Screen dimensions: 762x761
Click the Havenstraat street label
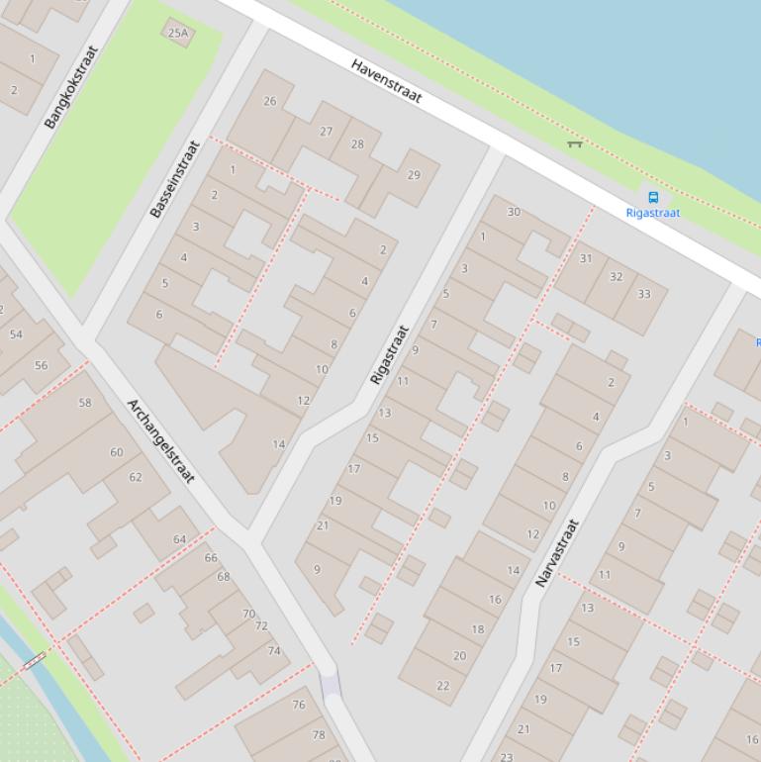[x=387, y=81]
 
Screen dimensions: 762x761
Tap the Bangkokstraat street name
[x=72, y=87]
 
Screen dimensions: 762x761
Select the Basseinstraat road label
[x=175, y=179]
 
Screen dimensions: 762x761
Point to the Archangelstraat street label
[x=161, y=441]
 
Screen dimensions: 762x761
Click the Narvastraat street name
[x=556, y=552]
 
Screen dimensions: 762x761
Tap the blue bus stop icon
[x=652, y=197]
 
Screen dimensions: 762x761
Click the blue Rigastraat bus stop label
[x=652, y=213]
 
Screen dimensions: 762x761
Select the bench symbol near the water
[x=574, y=144]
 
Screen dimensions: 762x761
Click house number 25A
[x=178, y=33]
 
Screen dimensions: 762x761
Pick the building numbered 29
[x=414, y=175]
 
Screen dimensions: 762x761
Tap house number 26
[x=270, y=101]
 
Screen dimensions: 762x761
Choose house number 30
[x=514, y=212]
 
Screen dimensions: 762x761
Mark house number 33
[x=644, y=294]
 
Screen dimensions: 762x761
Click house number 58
[x=85, y=403]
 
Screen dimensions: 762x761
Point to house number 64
[x=179, y=539]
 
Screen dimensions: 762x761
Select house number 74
[x=274, y=651]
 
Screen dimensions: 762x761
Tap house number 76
[x=299, y=705]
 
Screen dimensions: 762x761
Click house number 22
[x=442, y=685]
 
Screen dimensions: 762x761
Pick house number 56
[x=41, y=365]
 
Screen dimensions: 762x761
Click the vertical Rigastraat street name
[x=389, y=354]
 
